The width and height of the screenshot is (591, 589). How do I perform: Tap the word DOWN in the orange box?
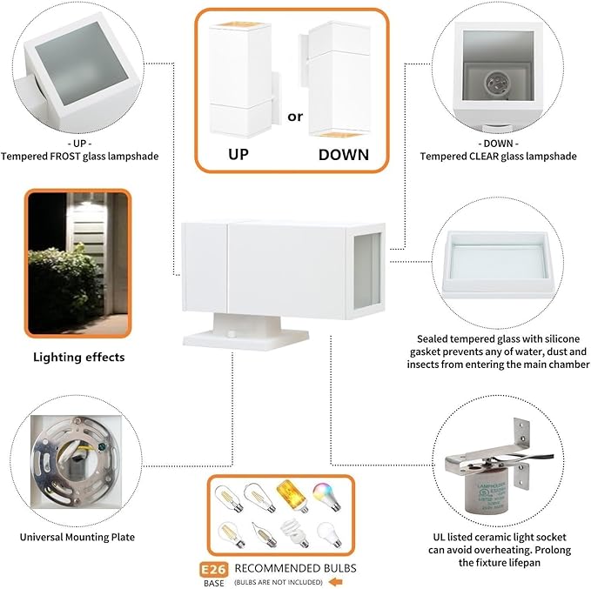[343, 155]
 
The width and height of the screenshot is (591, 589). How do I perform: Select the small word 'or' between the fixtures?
[295, 115]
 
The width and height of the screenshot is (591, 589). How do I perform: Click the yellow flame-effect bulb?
[289, 499]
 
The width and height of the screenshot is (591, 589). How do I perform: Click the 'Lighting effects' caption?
[78, 357]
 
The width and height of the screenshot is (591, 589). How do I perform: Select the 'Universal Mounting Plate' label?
[77, 537]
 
